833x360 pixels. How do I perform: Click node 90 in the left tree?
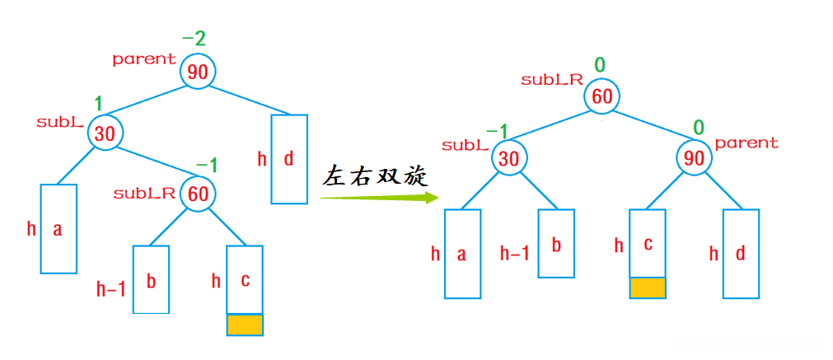click(x=198, y=72)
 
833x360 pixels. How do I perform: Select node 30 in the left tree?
click(x=105, y=133)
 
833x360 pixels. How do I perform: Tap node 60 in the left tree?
click(x=198, y=194)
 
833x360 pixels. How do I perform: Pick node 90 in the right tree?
click(x=695, y=158)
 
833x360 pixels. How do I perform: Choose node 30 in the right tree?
click(x=509, y=158)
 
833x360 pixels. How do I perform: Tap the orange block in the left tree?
click(x=245, y=325)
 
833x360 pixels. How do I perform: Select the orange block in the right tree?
click(x=647, y=288)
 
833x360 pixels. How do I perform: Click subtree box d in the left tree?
click(x=289, y=159)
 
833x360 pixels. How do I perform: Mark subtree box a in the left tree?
click(x=58, y=229)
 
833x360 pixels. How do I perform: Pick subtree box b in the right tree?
click(x=556, y=244)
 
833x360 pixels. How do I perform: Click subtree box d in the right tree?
click(x=741, y=254)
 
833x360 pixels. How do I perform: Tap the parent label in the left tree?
click(x=144, y=59)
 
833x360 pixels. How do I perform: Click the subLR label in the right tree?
click(x=552, y=80)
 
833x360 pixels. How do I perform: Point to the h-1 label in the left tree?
click(x=111, y=290)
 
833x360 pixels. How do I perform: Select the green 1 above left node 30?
click(x=98, y=105)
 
